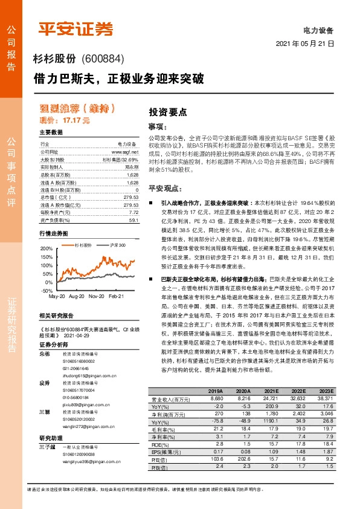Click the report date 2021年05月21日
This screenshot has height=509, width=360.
pyautogui.click(x=305, y=44)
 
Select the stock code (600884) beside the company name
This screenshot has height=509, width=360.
pyautogui.click(x=101, y=59)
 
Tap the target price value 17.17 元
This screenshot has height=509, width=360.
pyautogui.click(x=77, y=121)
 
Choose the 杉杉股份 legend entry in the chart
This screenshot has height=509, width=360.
pyautogui.click(x=83, y=245)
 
